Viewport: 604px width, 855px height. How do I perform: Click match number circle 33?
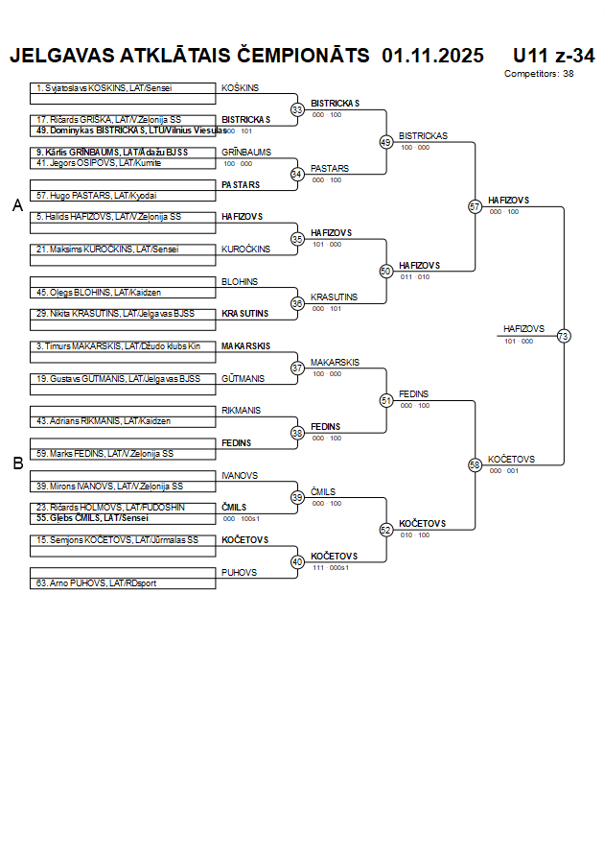pos(297,110)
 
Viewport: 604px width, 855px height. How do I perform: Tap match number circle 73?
pos(563,336)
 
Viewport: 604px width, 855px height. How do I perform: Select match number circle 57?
pos(475,206)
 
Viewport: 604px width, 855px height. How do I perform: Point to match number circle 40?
pos(297,561)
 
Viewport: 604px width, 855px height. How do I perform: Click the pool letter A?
pos(17,205)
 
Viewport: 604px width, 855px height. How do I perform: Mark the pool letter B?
pos(17,463)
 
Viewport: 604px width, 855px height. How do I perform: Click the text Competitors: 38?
pos(539,74)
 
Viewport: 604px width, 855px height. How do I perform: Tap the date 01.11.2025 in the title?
pos(432,56)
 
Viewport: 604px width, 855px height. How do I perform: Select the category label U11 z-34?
pos(553,56)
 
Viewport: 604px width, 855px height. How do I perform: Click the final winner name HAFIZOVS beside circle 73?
pos(523,329)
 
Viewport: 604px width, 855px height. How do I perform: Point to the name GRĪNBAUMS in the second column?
pos(246,153)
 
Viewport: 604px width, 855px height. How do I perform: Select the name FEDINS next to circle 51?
pos(413,394)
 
